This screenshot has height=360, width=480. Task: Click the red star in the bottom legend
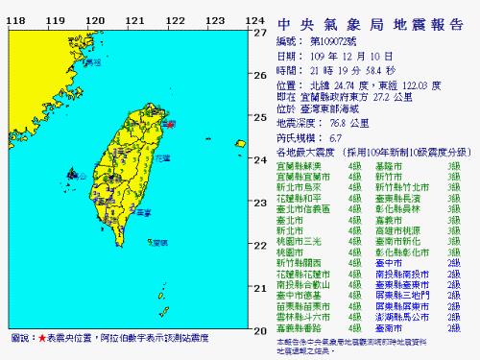[x=42, y=341]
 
